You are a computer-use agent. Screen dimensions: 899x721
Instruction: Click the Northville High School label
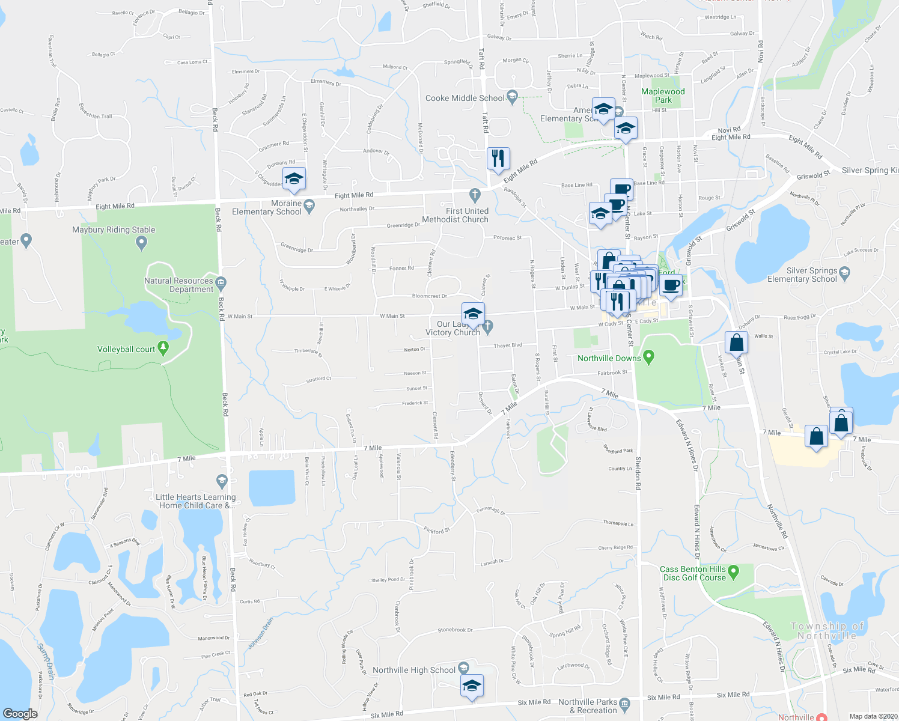(x=414, y=670)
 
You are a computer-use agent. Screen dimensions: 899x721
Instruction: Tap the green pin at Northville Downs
(x=648, y=357)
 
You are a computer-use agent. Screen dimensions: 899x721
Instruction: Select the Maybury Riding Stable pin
(x=141, y=243)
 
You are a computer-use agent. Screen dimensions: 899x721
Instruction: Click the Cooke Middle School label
(x=465, y=98)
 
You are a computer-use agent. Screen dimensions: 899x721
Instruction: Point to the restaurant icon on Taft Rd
(x=498, y=159)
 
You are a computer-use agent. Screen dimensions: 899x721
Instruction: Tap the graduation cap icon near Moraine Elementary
(x=294, y=178)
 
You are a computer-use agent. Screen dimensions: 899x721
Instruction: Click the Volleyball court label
(x=126, y=349)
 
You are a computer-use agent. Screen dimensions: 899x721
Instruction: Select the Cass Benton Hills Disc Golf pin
(x=733, y=570)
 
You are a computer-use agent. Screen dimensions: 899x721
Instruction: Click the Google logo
(x=20, y=713)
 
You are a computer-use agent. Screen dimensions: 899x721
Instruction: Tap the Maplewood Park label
(x=663, y=96)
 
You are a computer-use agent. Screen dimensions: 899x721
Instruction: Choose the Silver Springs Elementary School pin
(x=844, y=274)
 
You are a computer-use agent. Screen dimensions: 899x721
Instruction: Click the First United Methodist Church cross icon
(x=475, y=194)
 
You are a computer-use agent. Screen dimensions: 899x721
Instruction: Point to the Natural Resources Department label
(x=179, y=285)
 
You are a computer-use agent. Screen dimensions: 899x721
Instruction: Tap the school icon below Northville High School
(x=472, y=686)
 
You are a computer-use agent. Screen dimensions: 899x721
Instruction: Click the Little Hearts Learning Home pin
(x=222, y=481)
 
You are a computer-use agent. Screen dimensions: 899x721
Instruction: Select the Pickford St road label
(x=437, y=531)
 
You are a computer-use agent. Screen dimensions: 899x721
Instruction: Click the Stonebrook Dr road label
(x=455, y=630)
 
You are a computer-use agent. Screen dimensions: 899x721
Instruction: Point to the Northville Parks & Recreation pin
(x=624, y=703)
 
